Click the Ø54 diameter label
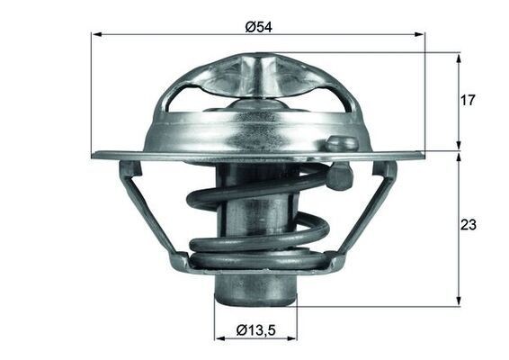pos(258,27)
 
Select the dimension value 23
pos(467,225)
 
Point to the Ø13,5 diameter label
pos(255,330)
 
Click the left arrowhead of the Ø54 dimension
pos(96,34)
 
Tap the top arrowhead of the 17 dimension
pos(459,58)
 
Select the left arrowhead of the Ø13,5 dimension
pos(219,339)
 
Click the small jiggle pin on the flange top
pos(338,142)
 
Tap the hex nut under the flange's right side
pos(339,177)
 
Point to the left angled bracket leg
pos(147,211)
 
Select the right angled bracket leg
pos(369,211)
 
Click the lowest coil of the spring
pos(256,262)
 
